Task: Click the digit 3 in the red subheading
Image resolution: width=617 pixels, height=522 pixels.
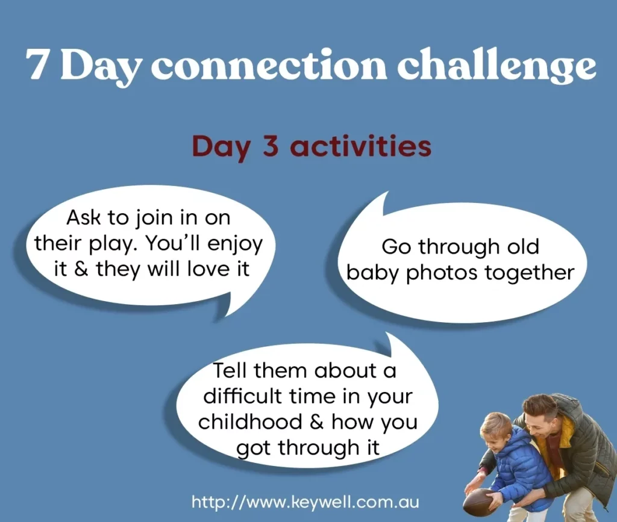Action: (271, 146)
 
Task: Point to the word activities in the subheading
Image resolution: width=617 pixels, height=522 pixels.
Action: (360, 146)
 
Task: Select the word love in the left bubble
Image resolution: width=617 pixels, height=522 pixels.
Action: (208, 269)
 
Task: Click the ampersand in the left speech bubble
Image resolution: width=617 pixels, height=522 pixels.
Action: (81, 270)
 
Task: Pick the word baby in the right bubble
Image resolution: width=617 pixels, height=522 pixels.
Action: (372, 272)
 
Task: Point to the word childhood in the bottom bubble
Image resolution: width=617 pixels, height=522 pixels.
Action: (251, 421)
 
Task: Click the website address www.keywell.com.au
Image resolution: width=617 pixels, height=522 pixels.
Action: (305, 502)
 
